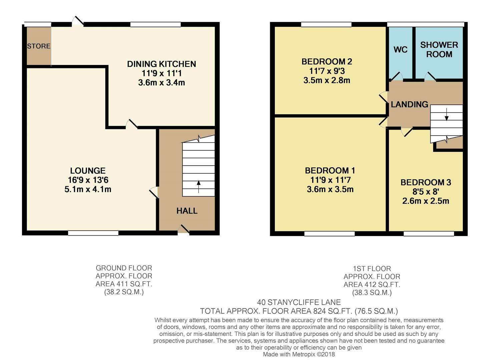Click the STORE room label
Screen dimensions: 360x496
pyautogui.click(x=39, y=46)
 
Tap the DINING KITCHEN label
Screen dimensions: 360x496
pyautogui.click(x=161, y=64)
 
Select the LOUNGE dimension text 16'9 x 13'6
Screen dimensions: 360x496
pyautogui.click(x=88, y=180)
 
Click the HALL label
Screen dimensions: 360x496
pyautogui.click(x=187, y=211)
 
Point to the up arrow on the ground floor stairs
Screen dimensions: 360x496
pyautogui.click(x=198, y=187)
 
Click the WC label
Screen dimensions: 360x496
pyautogui.click(x=400, y=50)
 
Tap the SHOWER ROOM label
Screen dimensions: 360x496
pyautogui.click(x=439, y=49)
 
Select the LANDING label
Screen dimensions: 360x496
pyautogui.click(x=409, y=104)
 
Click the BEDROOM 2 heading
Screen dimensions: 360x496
pyautogui.click(x=327, y=61)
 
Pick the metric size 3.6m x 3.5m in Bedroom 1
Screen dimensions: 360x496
pyautogui.click(x=330, y=189)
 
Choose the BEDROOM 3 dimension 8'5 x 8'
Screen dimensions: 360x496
pyautogui.click(x=426, y=192)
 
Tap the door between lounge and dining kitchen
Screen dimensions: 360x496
pyautogui.click(x=131, y=124)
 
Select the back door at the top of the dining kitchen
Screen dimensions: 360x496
pyautogui.click(x=78, y=21)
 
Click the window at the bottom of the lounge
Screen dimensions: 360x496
pyautogui.click(x=93, y=233)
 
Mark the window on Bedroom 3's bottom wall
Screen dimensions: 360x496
pyautogui.click(x=429, y=234)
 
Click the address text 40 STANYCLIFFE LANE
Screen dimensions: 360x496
pyautogui.click(x=299, y=302)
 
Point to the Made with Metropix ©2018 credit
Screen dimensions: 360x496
pyautogui.click(x=299, y=354)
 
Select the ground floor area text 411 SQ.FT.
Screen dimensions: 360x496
pyautogui.click(x=124, y=284)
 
